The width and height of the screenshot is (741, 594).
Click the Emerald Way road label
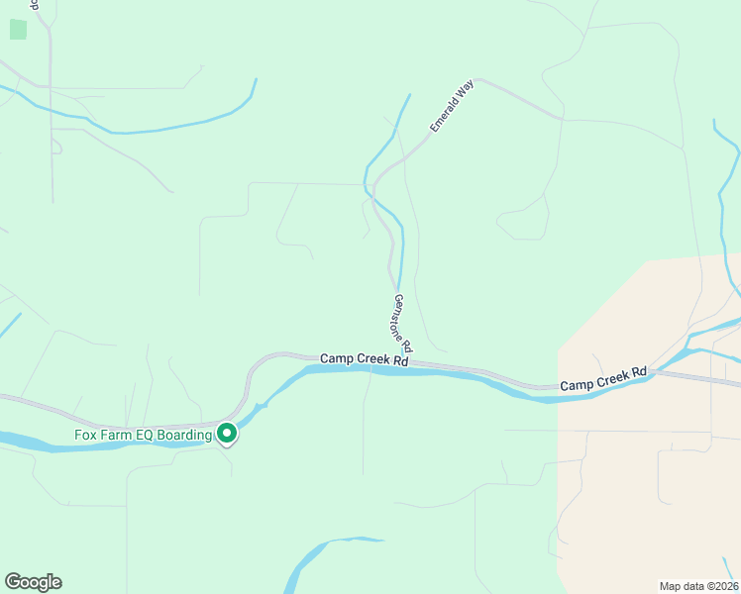pos(452,108)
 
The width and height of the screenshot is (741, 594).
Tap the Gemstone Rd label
pos(402,324)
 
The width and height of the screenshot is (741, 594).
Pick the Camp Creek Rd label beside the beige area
pos(602,378)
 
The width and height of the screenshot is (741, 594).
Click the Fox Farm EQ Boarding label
pos(144,435)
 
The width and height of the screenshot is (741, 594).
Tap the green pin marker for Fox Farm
pos(227,434)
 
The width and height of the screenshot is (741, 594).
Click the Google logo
pos(33,582)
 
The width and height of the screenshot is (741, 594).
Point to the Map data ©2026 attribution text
pos(698,585)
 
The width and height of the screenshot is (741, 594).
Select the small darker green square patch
pos(18,29)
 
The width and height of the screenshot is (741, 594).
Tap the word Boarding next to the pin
pos(186,435)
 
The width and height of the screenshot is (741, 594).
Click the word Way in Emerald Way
pos(466,90)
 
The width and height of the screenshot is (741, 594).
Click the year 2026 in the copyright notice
pos(722,585)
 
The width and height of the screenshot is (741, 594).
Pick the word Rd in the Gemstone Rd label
pos(406,346)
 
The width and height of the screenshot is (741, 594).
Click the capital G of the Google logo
pos(13,582)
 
